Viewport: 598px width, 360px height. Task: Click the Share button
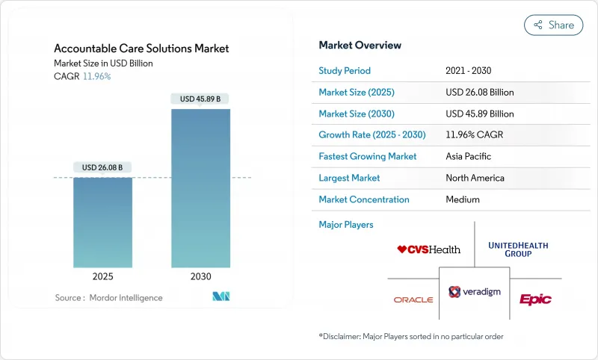click(x=553, y=25)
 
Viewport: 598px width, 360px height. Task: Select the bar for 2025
click(x=102, y=222)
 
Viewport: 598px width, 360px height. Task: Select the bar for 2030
click(x=200, y=188)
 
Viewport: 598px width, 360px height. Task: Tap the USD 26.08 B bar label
click(x=102, y=167)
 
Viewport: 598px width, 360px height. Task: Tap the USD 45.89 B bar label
click(x=200, y=99)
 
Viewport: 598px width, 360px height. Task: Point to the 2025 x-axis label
click(x=102, y=276)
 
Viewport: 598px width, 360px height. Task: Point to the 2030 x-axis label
click(x=200, y=276)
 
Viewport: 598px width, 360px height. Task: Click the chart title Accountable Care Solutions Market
click(x=141, y=49)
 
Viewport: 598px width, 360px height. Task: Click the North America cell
click(x=475, y=178)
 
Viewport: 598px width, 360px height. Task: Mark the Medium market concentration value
click(x=463, y=199)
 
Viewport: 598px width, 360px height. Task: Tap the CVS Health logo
click(x=429, y=249)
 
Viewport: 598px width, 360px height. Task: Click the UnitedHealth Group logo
click(x=518, y=249)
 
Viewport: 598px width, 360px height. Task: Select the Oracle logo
click(x=413, y=300)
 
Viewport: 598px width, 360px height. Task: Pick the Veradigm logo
click(x=474, y=292)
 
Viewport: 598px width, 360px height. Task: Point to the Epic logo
click(x=535, y=299)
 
